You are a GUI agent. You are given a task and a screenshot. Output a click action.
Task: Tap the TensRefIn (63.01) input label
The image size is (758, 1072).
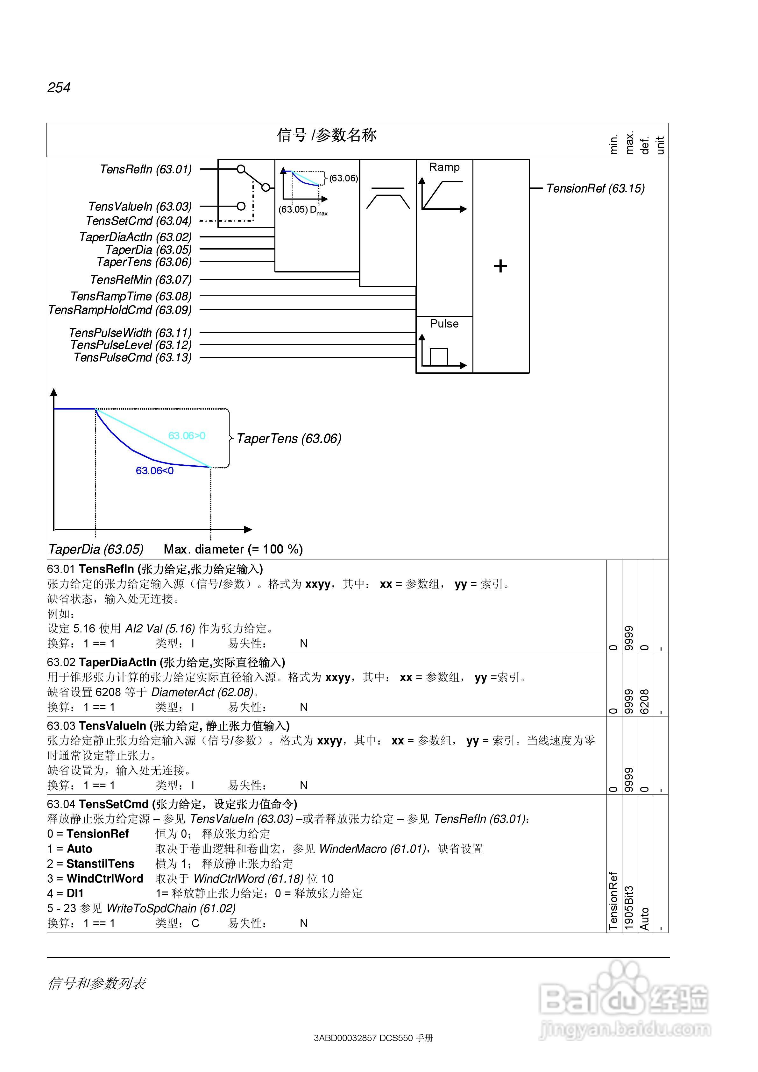click(146, 169)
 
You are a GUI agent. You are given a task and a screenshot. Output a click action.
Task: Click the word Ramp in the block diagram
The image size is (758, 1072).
click(444, 167)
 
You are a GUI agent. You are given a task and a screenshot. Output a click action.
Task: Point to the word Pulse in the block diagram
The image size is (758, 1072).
click(444, 324)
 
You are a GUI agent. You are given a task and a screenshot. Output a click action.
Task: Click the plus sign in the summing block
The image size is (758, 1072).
click(500, 266)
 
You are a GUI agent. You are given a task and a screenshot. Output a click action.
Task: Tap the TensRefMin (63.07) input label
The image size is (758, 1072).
click(141, 280)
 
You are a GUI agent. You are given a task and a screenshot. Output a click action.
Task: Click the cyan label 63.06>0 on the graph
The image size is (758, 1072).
click(187, 436)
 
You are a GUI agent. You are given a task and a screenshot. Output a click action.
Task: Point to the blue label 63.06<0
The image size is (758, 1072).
click(155, 471)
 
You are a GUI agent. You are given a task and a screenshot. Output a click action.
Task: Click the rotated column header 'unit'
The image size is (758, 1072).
click(660, 145)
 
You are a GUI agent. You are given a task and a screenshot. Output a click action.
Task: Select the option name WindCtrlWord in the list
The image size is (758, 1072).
click(105, 879)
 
